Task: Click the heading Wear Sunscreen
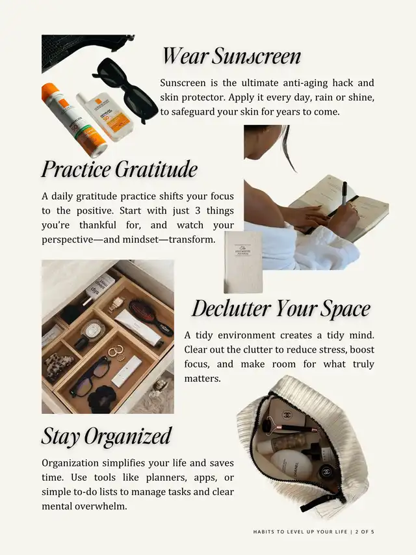coord(231,56)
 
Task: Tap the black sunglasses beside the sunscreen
coord(125,89)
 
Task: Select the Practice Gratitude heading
coord(119,170)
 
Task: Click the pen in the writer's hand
coord(344,193)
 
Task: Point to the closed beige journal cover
coord(243,262)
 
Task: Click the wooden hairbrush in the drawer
coord(151,317)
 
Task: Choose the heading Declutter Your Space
coord(281,308)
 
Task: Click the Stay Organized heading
coord(107,436)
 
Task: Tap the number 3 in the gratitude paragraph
coord(198,211)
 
